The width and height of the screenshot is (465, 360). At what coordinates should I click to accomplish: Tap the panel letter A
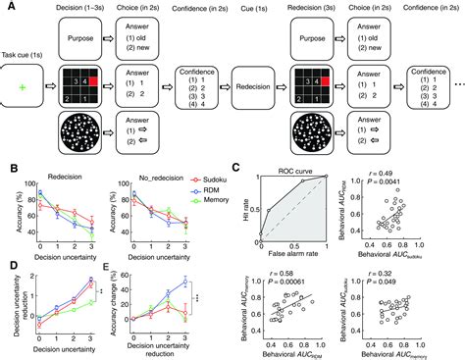(7, 7)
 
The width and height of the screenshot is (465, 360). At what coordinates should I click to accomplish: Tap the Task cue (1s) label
(26, 57)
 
